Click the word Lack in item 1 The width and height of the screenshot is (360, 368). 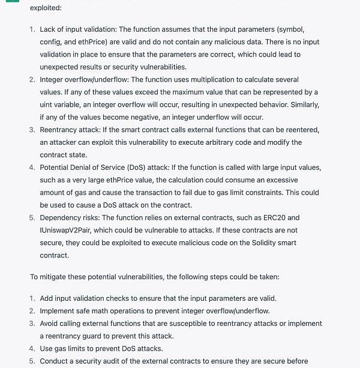(49, 29)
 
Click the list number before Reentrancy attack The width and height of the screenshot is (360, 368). (32, 130)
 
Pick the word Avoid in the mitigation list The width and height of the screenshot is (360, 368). (50, 324)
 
